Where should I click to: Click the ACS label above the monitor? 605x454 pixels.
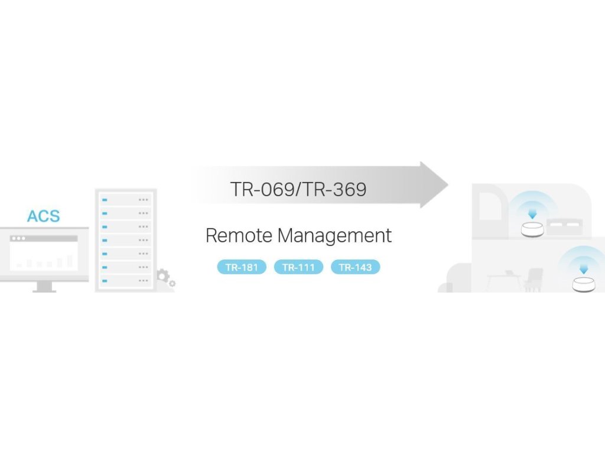(x=43, y=216)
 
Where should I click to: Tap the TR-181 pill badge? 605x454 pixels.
(x=242, y=267)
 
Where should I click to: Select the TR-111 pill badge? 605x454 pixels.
(x=298, y=267)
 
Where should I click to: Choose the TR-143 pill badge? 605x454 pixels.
(x=355, y=267)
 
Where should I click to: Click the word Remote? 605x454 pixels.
(x=239, y=236)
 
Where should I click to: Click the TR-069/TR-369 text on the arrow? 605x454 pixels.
(x=298, y=190)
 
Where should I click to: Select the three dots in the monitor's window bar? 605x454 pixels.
(x=18, y=238)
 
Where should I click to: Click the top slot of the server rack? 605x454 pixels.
(x=125, y=200)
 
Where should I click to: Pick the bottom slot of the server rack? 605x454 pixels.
(x=125, y=281)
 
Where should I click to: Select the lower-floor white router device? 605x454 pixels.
(x=584, y=284)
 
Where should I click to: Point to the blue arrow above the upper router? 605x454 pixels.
(x=532, y=212)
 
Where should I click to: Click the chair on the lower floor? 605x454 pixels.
(x=534, y=279)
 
